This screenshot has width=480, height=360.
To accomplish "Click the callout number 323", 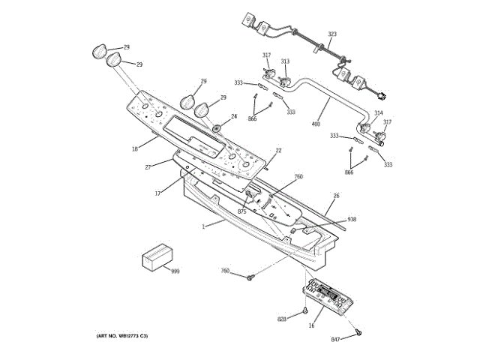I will pyautogui.click(x=332, y=34).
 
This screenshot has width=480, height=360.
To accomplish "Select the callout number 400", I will pyautogui.click(x=316, y=124).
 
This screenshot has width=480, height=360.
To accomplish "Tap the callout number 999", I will pyautogui.click(x=175, y=271).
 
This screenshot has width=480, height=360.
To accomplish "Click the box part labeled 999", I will pyautogui.click(x=156, y=258).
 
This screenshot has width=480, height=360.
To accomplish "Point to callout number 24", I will pyautogui.click(x=233, y=116).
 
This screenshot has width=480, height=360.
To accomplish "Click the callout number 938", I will pyautogui.click(x=352, y=220).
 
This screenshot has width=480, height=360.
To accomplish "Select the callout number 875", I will pyautogui.click(x=242, y=212).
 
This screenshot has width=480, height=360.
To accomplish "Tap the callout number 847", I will pyautogui.click(x=335, y=340).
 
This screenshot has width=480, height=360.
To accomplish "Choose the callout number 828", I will pyautogui.click(x=282, y=319).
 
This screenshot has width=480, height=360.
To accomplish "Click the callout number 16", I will pyautogui.click(x=311, y=325).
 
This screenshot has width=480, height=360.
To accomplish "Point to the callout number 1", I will pyautogui.click(x=203, y=226).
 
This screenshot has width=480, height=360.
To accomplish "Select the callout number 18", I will pyautogui.click(x=134, y=149).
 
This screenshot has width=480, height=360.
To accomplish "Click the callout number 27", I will pyautogui.click(x=148, y=166).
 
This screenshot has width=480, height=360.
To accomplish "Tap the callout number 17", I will pyautogui.click(x=158, y=193).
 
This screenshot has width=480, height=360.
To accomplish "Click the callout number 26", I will pyautogui.click(x=336, y=196).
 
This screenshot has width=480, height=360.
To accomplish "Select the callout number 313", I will pyautogui.click(x=285, y=61).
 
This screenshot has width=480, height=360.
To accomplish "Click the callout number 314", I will pyautogui.click(x=378, y=113).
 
